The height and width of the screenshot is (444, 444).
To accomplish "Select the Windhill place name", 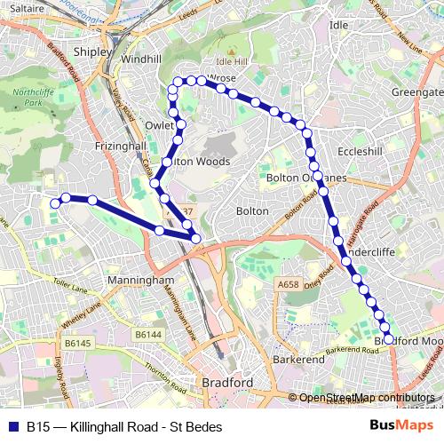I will tap(141, 59).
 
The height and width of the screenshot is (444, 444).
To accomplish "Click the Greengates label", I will tap(417, 92).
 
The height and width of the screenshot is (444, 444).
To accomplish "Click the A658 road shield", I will tap(288, 284).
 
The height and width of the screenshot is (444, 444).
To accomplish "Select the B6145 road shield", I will tap(77, 343).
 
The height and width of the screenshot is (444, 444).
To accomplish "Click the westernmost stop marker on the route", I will tap(55, 203).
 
